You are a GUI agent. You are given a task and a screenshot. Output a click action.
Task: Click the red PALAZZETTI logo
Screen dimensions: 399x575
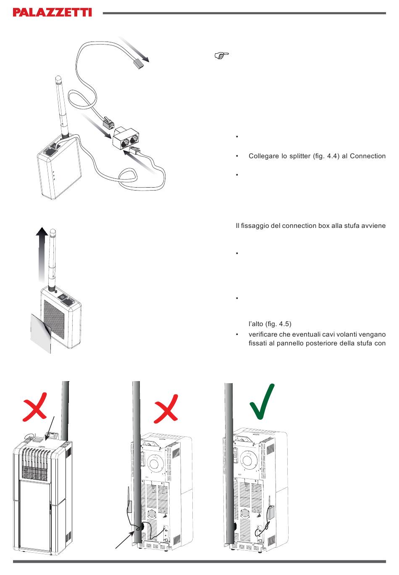coord(52,12)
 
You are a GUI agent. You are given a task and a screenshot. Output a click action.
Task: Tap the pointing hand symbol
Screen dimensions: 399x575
coord(221,55)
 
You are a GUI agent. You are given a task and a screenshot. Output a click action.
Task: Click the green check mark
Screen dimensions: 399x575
coord(262,402)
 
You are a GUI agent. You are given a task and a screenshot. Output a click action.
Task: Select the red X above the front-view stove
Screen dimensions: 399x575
coord(35,407)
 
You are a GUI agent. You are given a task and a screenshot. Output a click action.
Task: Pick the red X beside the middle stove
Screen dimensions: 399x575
coord(166,409)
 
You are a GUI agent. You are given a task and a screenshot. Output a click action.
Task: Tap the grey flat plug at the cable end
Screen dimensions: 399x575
coord(139,63)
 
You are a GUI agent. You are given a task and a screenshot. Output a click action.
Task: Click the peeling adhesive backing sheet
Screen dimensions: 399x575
coord(41,333)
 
